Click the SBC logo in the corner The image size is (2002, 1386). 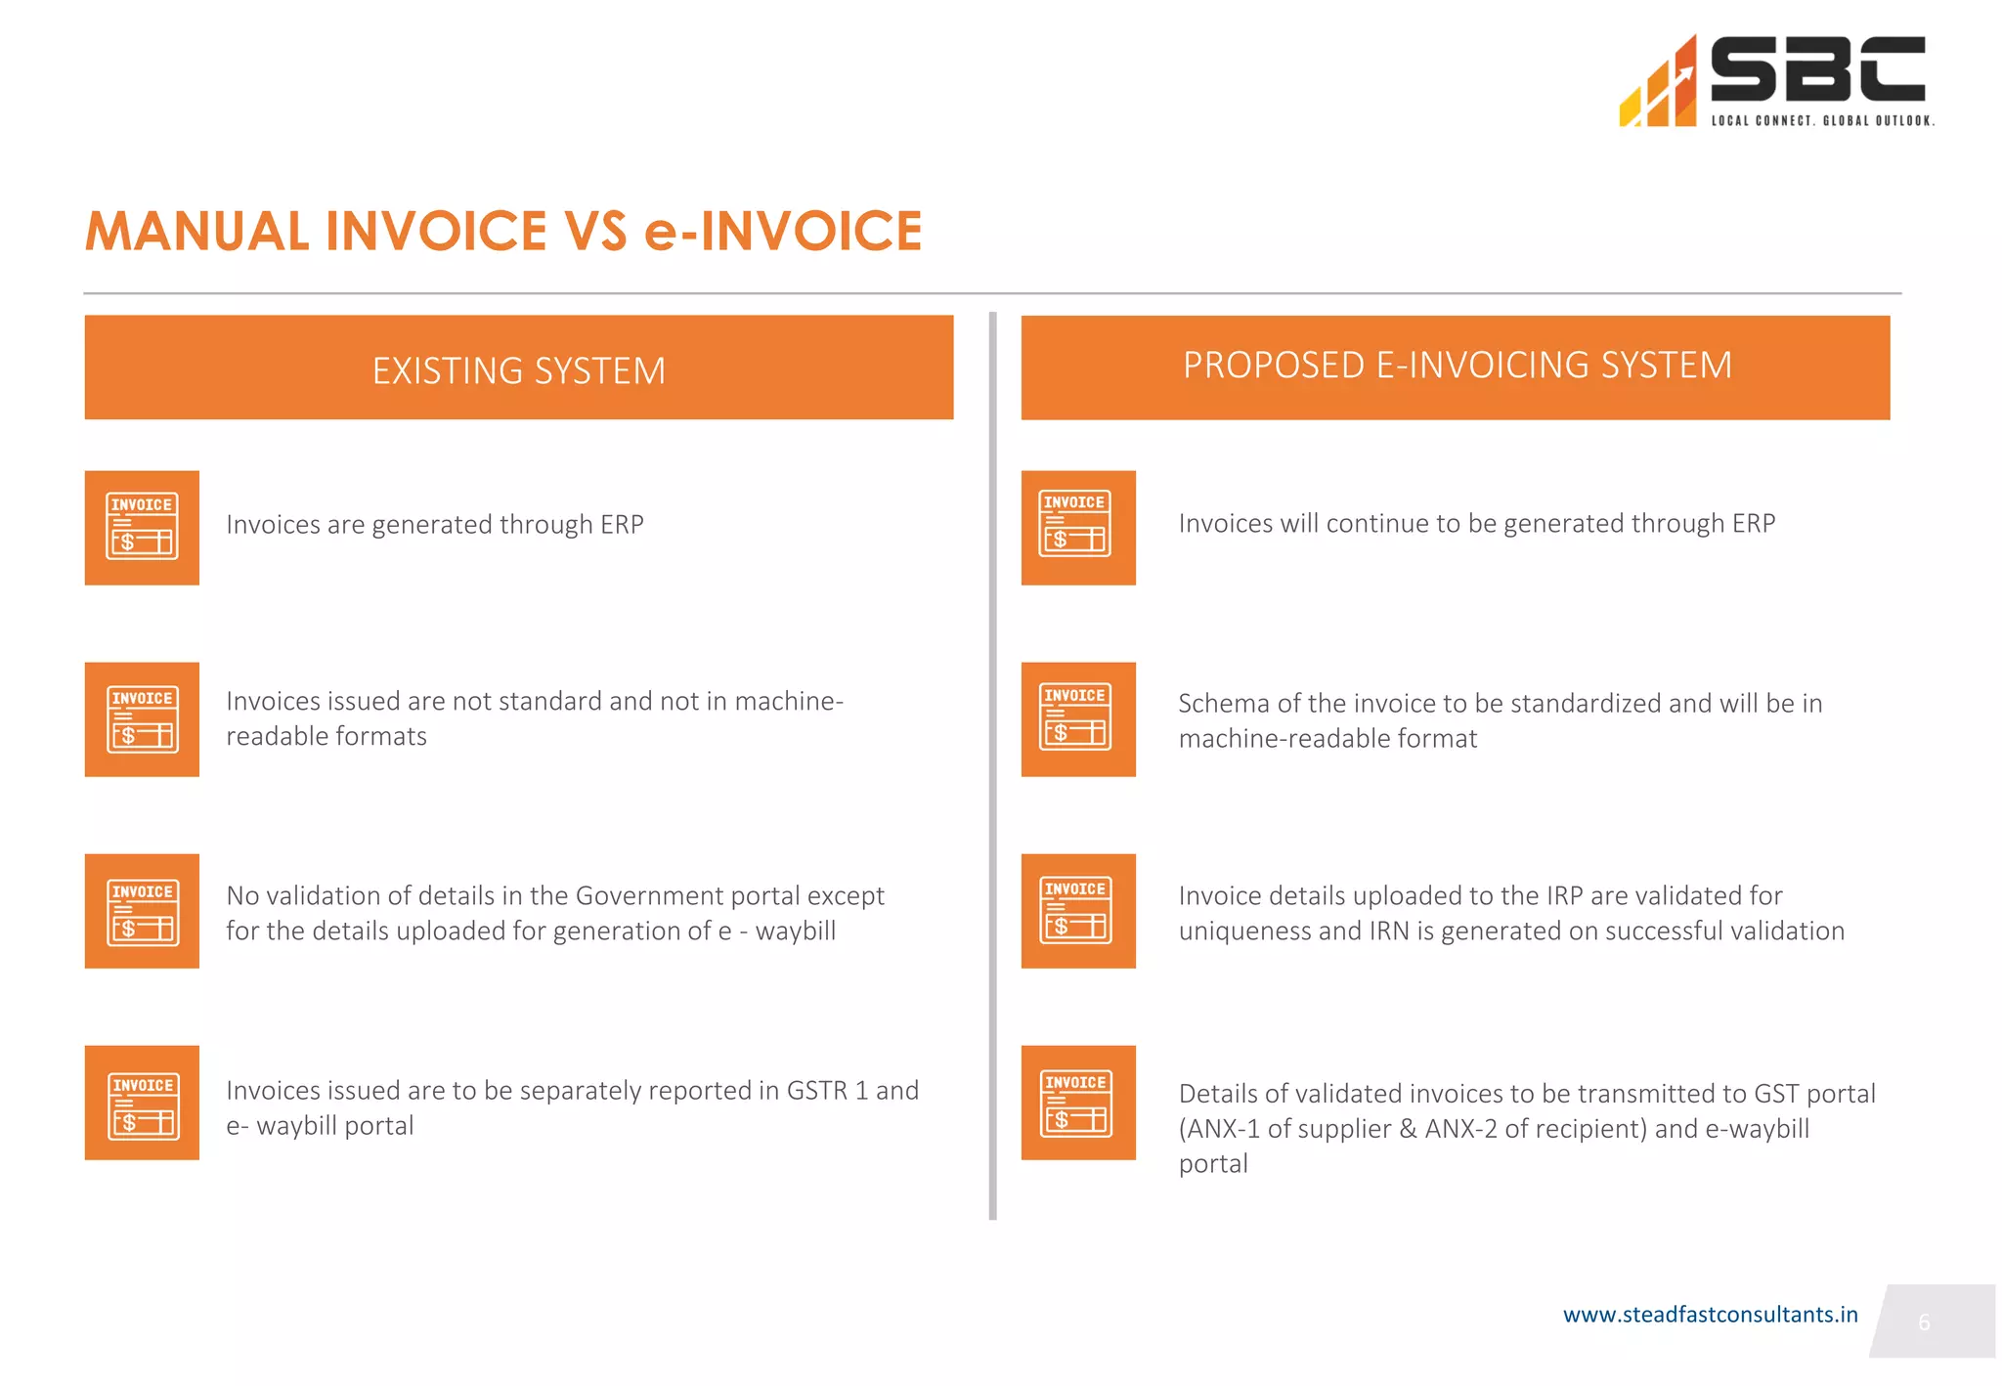click(x=1774, y=80)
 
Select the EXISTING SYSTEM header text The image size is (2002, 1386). click(x=518, y=371)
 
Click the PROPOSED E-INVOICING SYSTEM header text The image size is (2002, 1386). click(x=1457, y=366)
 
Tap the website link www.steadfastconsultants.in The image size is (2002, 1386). click(x=1710, y=1315)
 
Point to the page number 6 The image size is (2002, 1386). click(x=1923, y=1322)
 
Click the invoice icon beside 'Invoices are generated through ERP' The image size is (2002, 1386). click(x=142, y=528)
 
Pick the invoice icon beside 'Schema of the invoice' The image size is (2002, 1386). click(x=1078, y=719)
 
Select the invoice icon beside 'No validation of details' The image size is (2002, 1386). click(x=142, y=911)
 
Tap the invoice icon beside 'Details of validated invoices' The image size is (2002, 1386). click(x=1078, y=1103)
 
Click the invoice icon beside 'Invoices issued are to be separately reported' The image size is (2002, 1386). click(x=142, y=1103)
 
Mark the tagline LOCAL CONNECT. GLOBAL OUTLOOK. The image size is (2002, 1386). click(x=1822, y=121)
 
